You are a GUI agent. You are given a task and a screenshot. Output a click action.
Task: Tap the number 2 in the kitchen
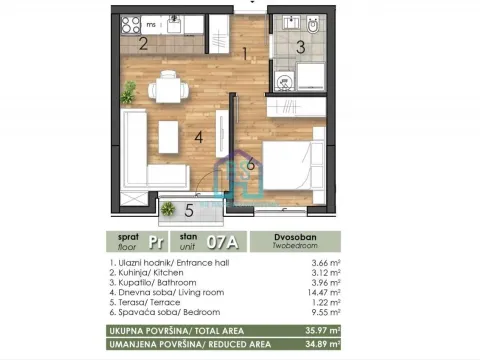[x=143, y=43]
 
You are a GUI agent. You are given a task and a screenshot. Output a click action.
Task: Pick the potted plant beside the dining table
[x=129, y=95]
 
